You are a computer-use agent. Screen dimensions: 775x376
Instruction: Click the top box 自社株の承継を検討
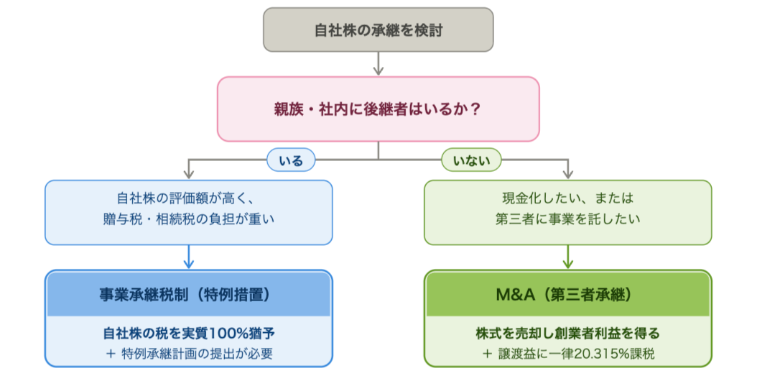[x=378, y=29]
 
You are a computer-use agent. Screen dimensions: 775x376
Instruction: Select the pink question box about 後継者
[x=378, y=109]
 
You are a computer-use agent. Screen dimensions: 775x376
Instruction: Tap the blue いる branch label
[x=291, y=160]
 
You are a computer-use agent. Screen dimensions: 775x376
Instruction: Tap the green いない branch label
[x=471, y=160]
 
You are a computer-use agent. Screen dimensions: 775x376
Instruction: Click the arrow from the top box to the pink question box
[x=378, y=64]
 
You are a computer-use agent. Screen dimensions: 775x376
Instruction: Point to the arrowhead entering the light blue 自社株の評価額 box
[x=188, y=174]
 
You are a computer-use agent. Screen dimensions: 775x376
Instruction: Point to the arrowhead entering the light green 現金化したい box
[x=568, y=174]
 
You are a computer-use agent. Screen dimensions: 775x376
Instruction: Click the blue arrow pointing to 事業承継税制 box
[x=188, y=257]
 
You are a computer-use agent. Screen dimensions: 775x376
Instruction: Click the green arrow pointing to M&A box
[x=568, y=257]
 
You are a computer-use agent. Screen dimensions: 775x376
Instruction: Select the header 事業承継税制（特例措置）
[x=188, y=294]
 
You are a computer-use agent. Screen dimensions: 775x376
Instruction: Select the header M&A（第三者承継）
[x=568, y=294]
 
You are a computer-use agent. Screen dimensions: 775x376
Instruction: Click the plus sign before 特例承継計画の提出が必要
[x=111, y=354]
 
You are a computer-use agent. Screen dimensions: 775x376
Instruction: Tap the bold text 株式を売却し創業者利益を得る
[x=568, y=333]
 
